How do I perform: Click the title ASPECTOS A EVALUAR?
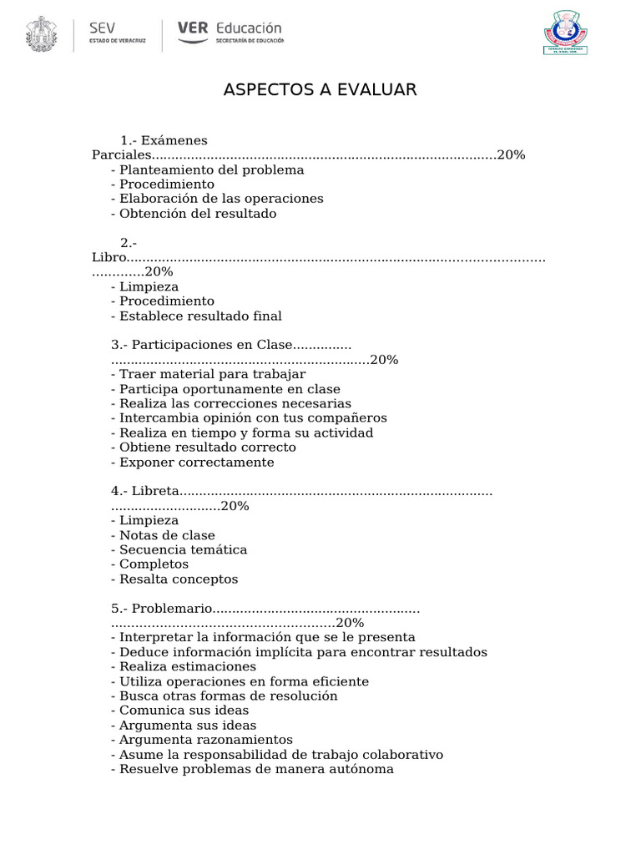click(320, 90)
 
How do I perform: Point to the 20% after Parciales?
click(511, 155)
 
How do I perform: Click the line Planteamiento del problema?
click(207, 169)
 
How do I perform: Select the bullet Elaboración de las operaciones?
click(216, 199)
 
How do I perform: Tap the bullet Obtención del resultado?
click(193, 214)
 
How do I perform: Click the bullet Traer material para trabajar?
click(208, 374)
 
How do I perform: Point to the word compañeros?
click(347, 417)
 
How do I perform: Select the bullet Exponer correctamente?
click(192, 462)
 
